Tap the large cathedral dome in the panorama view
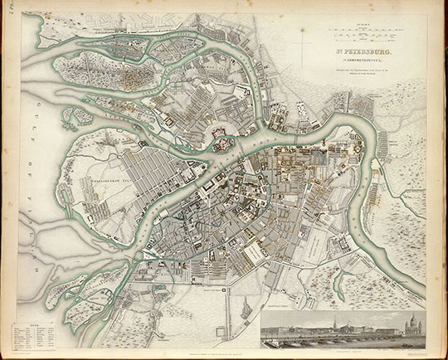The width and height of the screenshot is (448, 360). click(x=411, y=326)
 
